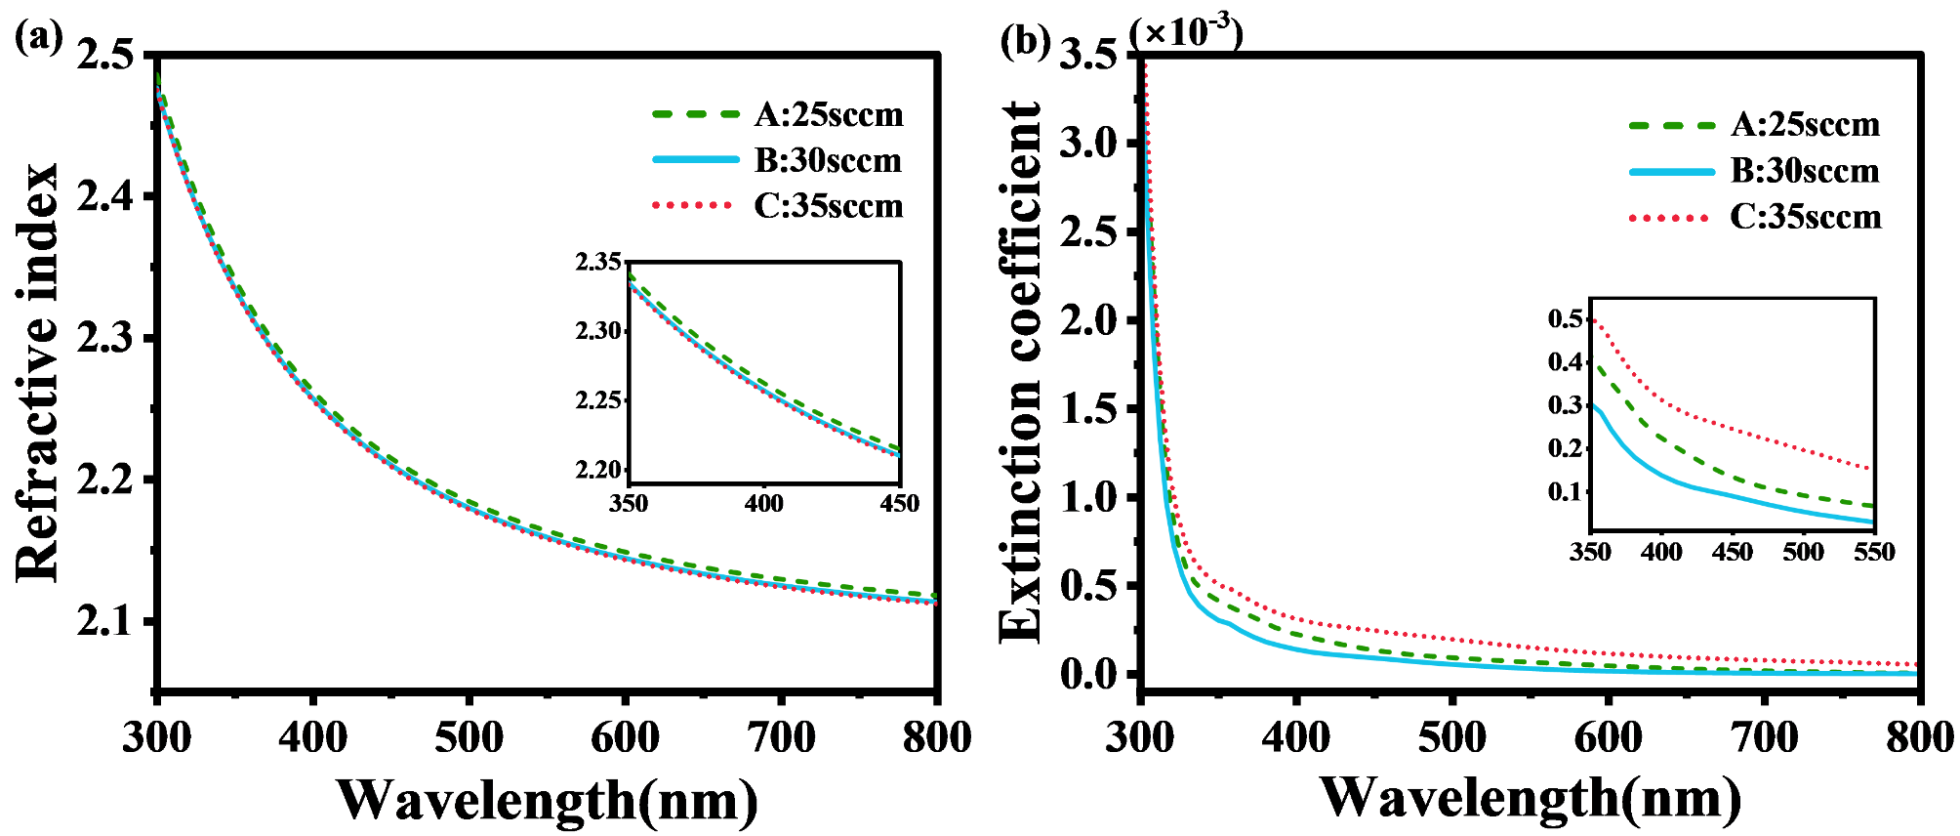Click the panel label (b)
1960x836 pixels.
[x=1025, y=41]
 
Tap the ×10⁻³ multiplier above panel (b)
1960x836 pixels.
[x=1185, y=31]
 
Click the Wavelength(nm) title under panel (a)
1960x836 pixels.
[x=547, y=801]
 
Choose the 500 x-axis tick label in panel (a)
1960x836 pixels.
[x=469, y=737]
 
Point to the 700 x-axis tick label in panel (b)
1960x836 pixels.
[x=1764, y=737]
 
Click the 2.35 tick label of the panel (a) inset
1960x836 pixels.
[x=597, y=262]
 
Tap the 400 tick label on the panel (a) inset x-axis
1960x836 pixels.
[x=763, y=504]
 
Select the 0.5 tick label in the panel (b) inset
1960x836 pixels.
[x=1565, y=318]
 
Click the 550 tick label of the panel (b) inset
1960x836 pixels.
[x=1873, y=553]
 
